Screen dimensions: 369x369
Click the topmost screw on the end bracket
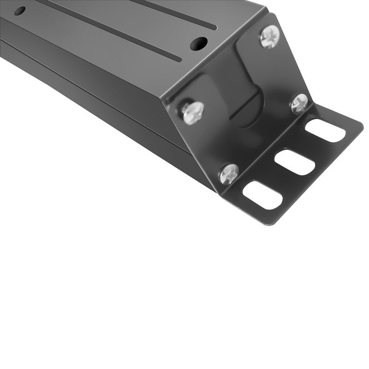click(x=270, y=36)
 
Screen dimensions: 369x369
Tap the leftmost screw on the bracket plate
click(x=192, y=112)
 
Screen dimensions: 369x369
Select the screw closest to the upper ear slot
click(x=299, y=104)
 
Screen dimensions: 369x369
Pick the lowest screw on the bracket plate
click(x=229, y=174)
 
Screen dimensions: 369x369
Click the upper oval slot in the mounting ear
click(x=325, y=131)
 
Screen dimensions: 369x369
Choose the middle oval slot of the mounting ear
click(x=295, y=162)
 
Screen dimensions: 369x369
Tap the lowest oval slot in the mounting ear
click(x=262, y=195)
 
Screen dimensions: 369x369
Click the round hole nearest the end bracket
click(x=199, y=43)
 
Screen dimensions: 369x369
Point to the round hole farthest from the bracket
click(x=20, y=11)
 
